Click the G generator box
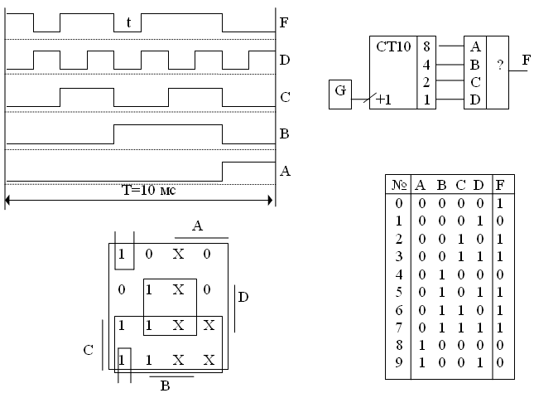340,91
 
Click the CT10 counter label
392,47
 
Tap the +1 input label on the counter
383,100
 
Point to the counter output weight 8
426,47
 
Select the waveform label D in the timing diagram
285,60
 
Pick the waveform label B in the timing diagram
285,133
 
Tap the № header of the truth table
397,184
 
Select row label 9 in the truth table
397,362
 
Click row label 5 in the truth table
397,291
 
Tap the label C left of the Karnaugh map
88,350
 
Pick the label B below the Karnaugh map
165,386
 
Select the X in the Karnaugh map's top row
177,253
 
